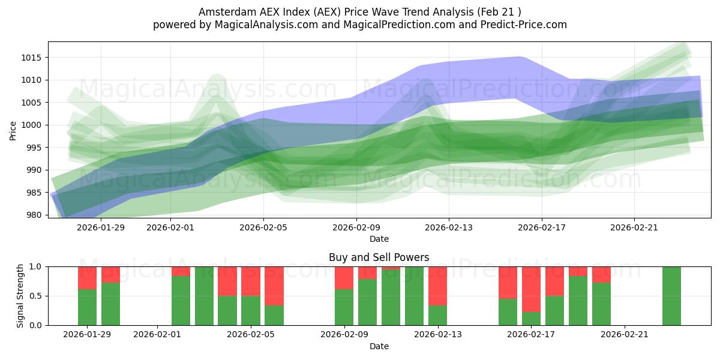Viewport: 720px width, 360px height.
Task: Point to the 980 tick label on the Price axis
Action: click(35, 215)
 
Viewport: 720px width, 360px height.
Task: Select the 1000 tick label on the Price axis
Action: click(32, 125)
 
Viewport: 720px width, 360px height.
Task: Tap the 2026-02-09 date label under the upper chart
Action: click(356, 227)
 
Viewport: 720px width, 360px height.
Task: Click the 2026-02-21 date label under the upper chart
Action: click(635, 227)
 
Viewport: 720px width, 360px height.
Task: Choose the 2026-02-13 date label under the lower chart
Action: click(438, 335)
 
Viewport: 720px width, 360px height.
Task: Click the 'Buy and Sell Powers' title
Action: click(379, 257)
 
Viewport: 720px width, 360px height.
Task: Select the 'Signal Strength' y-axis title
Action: click(20, 296)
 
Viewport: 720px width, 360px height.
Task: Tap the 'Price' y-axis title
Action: click(13, 130)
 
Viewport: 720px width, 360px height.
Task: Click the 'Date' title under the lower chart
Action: click(379, 346)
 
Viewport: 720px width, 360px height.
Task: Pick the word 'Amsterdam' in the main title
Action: click(223, 11)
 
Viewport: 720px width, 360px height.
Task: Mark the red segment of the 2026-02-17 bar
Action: click(531, 289)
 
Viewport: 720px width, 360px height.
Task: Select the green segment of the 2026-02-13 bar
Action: click(438, 315)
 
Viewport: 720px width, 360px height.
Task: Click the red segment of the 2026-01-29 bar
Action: click(87, 278)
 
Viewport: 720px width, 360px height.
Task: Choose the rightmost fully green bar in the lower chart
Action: click(671, 296)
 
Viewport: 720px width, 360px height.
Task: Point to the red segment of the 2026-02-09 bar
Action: click(344, 278)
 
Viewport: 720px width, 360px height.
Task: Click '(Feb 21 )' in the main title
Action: click(498, 11)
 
